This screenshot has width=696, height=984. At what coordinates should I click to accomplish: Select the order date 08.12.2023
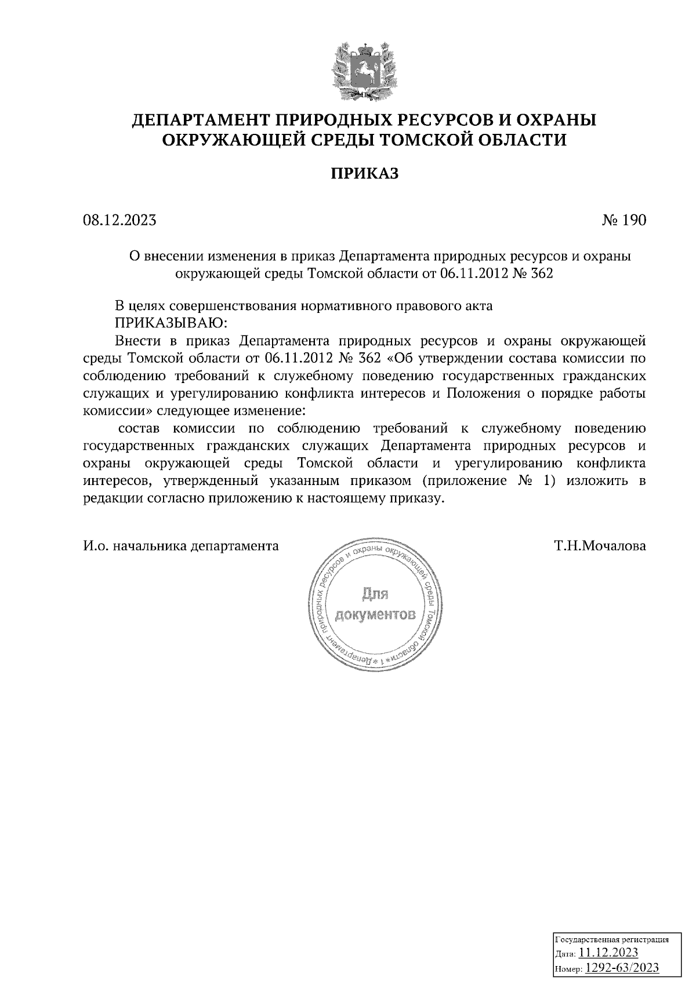(x=119, y=221)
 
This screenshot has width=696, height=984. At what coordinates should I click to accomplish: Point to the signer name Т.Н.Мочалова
(x=600, y=545)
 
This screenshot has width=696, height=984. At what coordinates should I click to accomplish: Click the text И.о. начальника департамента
(x=180, y=545)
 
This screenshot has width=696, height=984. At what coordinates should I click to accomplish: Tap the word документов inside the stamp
(x=376, y=614)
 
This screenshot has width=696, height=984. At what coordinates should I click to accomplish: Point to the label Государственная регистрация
(x=612, y=938)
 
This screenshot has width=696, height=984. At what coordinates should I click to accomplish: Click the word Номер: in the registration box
(x=568, y=968)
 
